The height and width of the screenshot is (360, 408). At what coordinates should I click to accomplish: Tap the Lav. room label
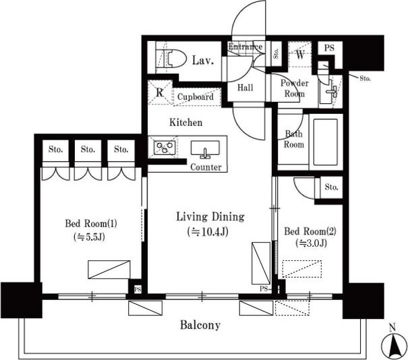(203, 61)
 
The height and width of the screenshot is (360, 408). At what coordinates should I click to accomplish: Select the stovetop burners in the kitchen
(165, 148)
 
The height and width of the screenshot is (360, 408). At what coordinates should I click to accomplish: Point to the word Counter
(206, 167)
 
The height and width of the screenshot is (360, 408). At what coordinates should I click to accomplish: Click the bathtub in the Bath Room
(326, 142)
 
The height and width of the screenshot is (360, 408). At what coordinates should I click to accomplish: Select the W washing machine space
(299, 54)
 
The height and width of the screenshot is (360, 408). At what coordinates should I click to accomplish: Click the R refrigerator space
(160, 92)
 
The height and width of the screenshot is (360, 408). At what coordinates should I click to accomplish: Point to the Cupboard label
(196, 97)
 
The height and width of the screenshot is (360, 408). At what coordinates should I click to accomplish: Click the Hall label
(245, 88)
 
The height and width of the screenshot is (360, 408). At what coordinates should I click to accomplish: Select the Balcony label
(200, 325)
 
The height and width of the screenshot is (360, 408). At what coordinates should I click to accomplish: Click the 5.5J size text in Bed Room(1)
(89, 237)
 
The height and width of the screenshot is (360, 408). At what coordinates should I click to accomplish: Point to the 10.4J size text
(208, 231)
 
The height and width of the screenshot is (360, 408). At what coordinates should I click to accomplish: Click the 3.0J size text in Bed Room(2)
(311, 243)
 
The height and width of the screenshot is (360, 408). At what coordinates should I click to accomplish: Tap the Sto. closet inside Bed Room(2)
(331, 187)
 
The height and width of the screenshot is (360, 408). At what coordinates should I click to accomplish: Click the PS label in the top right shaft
(329, 48)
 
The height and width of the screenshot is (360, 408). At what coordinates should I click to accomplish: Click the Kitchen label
(185, 122)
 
